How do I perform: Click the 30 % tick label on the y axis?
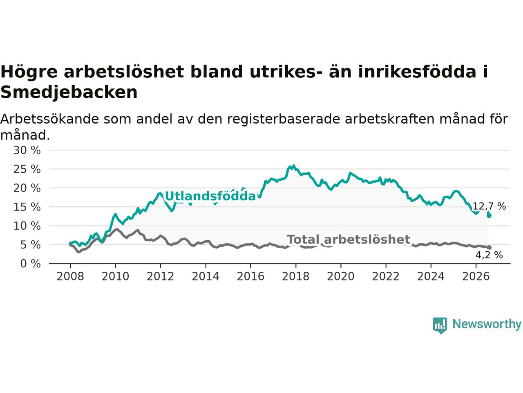click(27, 150)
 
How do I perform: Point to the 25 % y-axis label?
click(27, 169)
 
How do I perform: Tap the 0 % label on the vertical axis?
click(31, 264)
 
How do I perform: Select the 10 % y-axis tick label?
click(27, 226)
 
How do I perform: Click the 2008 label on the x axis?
click(70, 276)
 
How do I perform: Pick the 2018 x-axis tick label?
click(296, 276)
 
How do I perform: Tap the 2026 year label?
click(476, 276)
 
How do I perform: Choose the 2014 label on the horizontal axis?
click(206, 276)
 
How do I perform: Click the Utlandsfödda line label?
click(210, 196)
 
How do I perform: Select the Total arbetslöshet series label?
click(349, 239)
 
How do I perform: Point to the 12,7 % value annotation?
click(489, 206)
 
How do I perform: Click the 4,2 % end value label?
click(489, 255)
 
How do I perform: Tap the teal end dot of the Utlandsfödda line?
click(489, 216)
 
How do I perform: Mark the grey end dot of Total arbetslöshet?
click(489, 248)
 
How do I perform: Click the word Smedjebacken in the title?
click(69, 93)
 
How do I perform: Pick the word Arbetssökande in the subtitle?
click(49, 119)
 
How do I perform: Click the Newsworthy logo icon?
click(440, 325)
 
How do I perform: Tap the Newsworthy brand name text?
click(487, 324)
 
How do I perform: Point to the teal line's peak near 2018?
click(293, 165)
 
